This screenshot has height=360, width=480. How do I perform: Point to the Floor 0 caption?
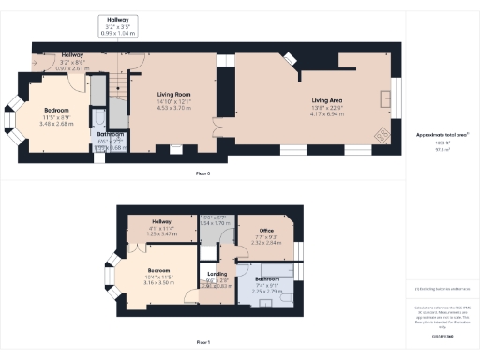click(202, 174)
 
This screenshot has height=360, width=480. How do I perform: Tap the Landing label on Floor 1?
click(217, 274)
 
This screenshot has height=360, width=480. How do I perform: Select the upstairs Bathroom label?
click(266, 278)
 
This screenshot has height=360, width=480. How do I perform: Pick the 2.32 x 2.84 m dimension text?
click(265, 241)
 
